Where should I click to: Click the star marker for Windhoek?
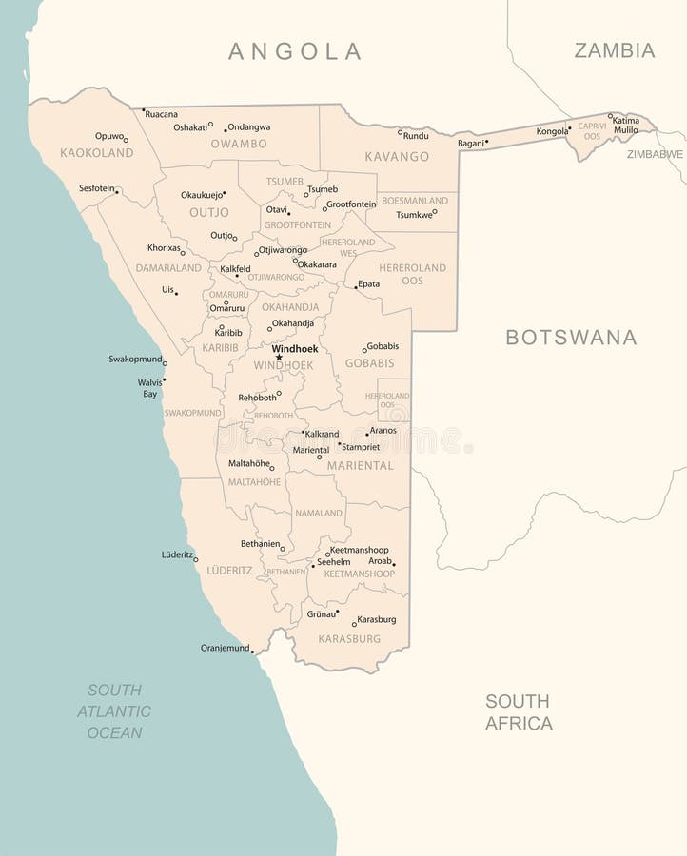point(279,358)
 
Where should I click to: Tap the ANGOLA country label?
point(295,51)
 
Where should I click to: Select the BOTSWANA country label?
point(571,337)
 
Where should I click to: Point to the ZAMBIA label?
point(614,50)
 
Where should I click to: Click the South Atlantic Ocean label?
point(114,711)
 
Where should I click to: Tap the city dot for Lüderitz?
point(196,559)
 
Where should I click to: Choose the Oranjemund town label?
point(225,648)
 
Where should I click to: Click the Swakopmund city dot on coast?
point(165,363)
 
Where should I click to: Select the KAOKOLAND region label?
point(96,153)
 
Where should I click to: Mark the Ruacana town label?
point(161,114)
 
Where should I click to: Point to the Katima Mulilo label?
point(625,125)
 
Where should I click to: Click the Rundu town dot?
point(400,131)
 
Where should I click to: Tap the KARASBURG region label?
point(349,639)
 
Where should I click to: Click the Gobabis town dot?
point(364,350)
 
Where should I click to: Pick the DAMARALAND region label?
point(168,268)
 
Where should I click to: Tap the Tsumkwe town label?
point(413,215)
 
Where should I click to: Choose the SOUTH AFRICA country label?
point(519,712)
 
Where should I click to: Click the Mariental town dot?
point(320,457)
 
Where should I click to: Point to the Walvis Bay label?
point(148,388)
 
